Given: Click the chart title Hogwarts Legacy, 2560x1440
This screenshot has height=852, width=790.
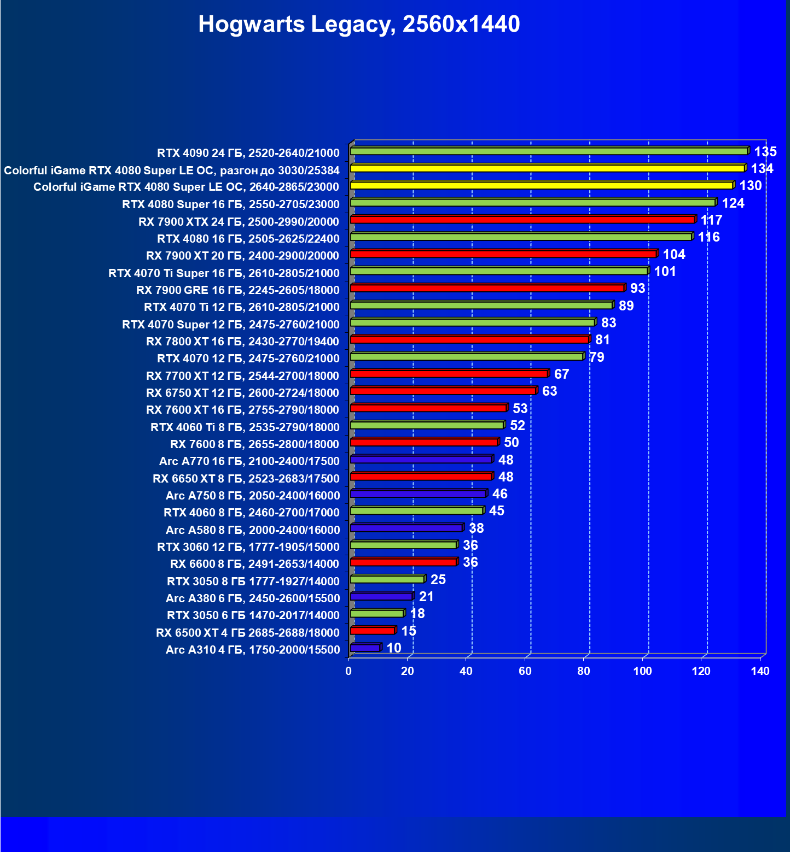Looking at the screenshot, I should (359, 24).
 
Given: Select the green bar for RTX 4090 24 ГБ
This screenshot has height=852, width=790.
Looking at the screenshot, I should (549, 151).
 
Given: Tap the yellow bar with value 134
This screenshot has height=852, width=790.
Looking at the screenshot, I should (547, 168).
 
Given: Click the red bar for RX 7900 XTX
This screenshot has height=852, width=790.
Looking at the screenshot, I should (522, 220).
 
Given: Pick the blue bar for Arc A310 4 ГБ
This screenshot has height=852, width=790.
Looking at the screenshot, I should (365, 648).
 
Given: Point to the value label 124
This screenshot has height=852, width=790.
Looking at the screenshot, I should (733, 203).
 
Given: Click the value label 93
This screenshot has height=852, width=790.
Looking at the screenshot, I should (637, 289).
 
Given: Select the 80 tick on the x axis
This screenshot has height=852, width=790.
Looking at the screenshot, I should (584, 671).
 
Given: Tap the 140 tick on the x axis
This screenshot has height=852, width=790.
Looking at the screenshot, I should (760, 671).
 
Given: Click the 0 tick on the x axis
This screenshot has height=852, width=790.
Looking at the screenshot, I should (348, 671).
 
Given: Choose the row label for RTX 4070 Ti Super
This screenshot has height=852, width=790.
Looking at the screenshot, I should (224, 273).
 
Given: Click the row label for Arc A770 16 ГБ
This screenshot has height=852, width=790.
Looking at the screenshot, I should (249, 461).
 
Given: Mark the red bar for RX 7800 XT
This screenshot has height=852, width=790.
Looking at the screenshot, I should (469, 339).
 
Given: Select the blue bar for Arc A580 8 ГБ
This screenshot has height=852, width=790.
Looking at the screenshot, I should (406, 528).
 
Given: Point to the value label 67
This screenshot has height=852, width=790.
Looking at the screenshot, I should (561, 374).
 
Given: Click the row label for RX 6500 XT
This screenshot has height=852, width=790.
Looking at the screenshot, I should (247, 632).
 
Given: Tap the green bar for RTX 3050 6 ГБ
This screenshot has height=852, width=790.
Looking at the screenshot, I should (377, 613).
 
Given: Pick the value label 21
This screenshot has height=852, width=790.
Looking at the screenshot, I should (426, 597).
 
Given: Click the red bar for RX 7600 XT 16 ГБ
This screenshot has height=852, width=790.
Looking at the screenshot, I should (428, 408).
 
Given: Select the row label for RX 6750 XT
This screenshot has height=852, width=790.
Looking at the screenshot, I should (242, 392).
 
